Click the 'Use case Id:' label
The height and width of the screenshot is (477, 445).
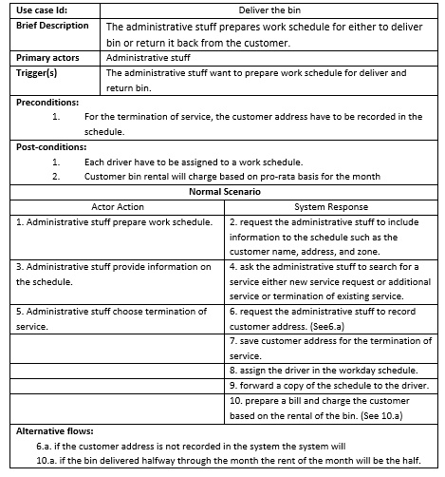pos(42,9)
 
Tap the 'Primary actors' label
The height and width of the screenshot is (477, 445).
pos(47,58)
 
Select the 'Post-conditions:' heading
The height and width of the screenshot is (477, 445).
pos(53,147)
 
